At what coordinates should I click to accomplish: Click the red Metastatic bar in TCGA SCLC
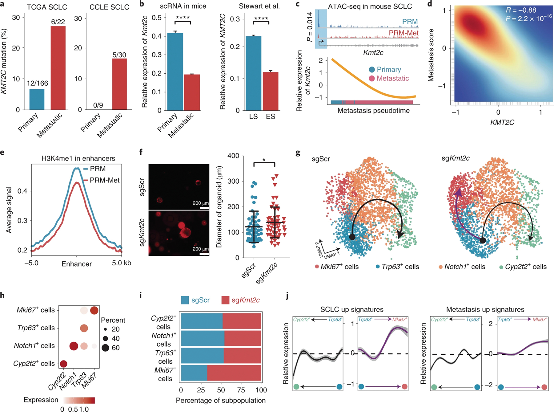tap(58, 68)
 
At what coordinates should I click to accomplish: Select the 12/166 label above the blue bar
tap(37, 83)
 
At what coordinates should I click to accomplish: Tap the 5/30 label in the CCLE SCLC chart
tap(119, 55)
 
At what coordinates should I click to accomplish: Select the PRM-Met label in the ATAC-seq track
tap(403, 33)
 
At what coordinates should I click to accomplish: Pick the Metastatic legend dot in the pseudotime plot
tap(372, 79)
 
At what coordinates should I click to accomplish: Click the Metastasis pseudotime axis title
tap(373, 111)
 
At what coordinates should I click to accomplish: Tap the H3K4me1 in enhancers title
tap(78, 158)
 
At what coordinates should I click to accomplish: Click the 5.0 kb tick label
tap(122, 263)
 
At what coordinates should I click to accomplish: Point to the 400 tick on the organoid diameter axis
tap(233, 156)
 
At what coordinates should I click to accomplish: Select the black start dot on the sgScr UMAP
tap(352, 237)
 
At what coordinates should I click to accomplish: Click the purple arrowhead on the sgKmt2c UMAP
tap(458, 193)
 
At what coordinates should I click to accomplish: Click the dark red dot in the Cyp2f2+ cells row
tap(63, 364)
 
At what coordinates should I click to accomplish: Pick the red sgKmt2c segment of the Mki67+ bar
tap(234, 373)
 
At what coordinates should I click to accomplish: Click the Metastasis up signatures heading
tap(485, 309)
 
